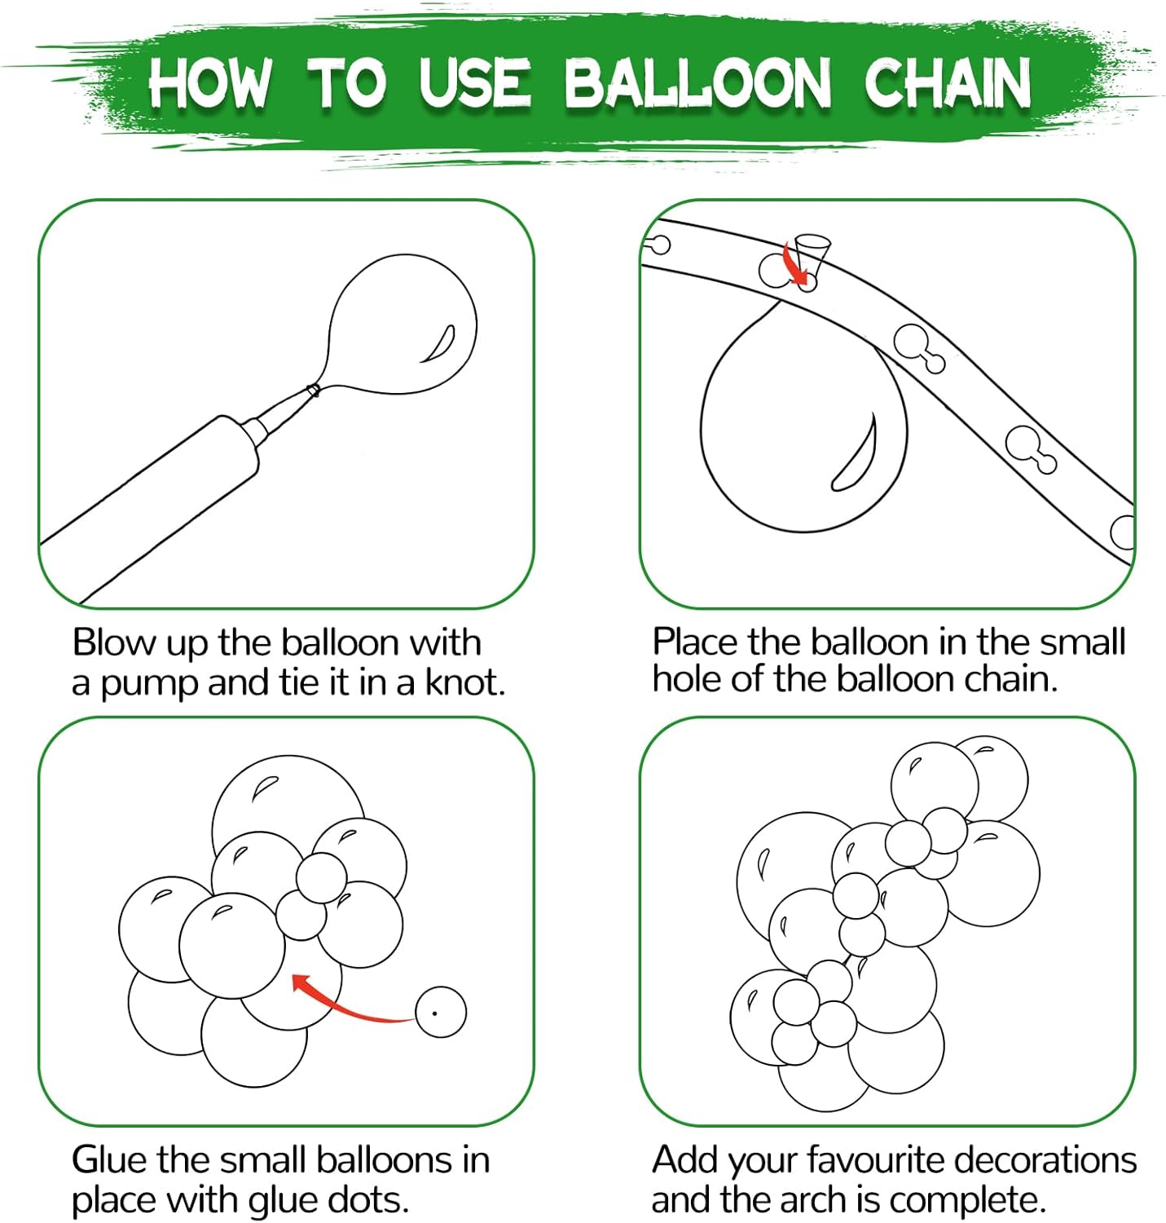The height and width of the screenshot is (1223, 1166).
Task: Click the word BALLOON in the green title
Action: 697,82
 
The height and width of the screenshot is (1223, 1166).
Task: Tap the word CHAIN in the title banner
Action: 947,83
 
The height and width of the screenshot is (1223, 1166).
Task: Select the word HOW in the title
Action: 210,82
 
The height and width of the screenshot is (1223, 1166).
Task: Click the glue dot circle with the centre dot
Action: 440,1013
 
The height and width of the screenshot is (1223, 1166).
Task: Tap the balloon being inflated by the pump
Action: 401,325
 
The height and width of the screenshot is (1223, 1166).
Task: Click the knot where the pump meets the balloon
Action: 313,391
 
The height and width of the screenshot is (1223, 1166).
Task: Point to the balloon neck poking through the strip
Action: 813,256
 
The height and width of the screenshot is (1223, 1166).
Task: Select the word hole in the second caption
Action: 687,678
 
